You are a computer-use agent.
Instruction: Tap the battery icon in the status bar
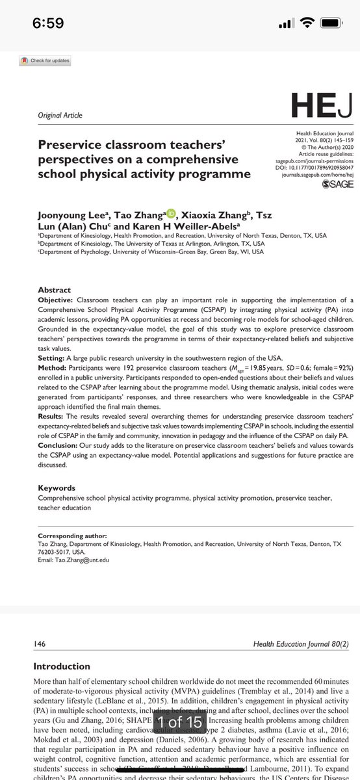329,23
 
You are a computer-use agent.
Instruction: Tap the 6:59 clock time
48,23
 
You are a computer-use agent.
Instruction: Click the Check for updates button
45,61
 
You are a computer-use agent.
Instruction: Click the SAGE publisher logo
338,184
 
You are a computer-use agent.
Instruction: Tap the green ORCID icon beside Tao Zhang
171,213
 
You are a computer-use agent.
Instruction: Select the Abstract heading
54,290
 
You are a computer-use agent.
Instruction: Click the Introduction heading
62,666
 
